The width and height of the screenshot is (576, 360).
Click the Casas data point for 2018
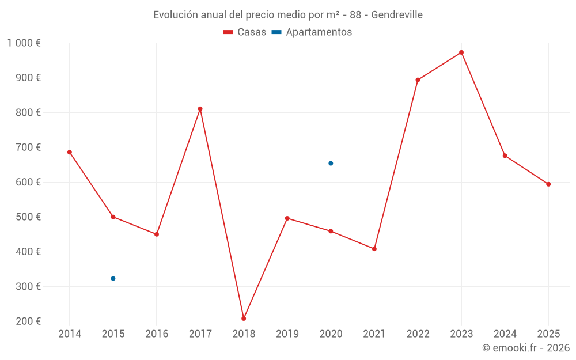click(x=244, y=318)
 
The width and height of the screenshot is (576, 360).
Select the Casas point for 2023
click(x=461, y=52)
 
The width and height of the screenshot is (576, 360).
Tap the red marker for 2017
click(x=200, y=109)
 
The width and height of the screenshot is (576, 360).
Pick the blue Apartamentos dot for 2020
click(x=331, y=163)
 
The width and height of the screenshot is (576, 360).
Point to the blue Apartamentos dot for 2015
click(x=113, y=278)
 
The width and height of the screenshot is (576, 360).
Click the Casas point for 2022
click(x=418, y=80)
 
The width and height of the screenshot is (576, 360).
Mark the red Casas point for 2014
click(x=70, y=152)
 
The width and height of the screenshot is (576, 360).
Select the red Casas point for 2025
click(x=548, y=184)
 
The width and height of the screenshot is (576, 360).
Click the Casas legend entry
click(x=245, y=32)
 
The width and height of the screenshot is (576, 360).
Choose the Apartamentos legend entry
click(x=312, y=32)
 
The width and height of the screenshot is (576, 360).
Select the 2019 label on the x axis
click(x=287, y=334)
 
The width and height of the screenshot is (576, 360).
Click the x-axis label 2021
click(x=374, y=334)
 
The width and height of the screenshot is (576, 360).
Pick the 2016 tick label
click(x=157, y=334)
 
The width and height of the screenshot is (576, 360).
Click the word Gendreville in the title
click(x=397, y=14)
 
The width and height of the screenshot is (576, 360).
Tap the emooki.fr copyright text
click(x=526, y=348)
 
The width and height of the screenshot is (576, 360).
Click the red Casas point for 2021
click(x=374, y=249)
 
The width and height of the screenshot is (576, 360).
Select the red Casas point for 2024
click(x=505, y=156)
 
